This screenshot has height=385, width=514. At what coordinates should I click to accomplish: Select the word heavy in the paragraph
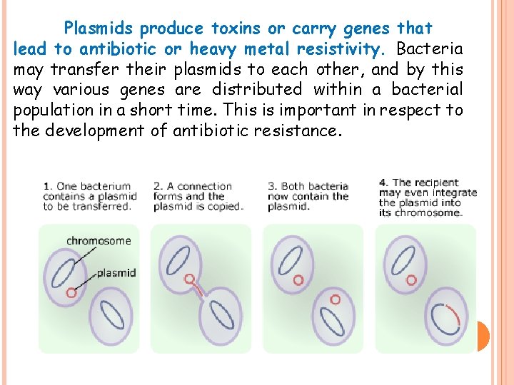tap(212, 49)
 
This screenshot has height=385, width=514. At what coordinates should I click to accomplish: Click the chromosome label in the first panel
tap(99, 240)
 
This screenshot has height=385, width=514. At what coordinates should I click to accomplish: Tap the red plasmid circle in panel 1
tap(71, 292)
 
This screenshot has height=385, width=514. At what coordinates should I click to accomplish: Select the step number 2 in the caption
tap(157, 187)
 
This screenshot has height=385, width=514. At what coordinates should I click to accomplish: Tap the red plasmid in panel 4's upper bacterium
tap(410, 280)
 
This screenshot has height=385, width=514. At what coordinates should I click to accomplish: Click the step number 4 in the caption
tap(383, 183)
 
